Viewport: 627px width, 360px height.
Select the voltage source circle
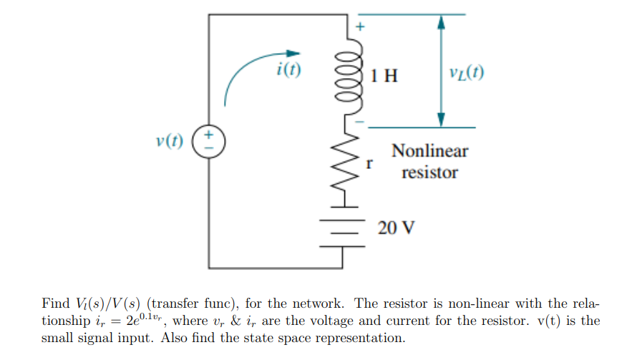pos(209,139)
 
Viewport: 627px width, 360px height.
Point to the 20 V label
pos(396,228)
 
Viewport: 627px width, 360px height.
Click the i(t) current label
pos(288,69)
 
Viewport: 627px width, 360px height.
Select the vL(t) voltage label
pos(465,74)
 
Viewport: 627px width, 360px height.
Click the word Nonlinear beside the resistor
pos(429,151)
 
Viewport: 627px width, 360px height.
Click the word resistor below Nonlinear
pos(429,172)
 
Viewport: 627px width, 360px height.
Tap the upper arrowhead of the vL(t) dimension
pos(441,22)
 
